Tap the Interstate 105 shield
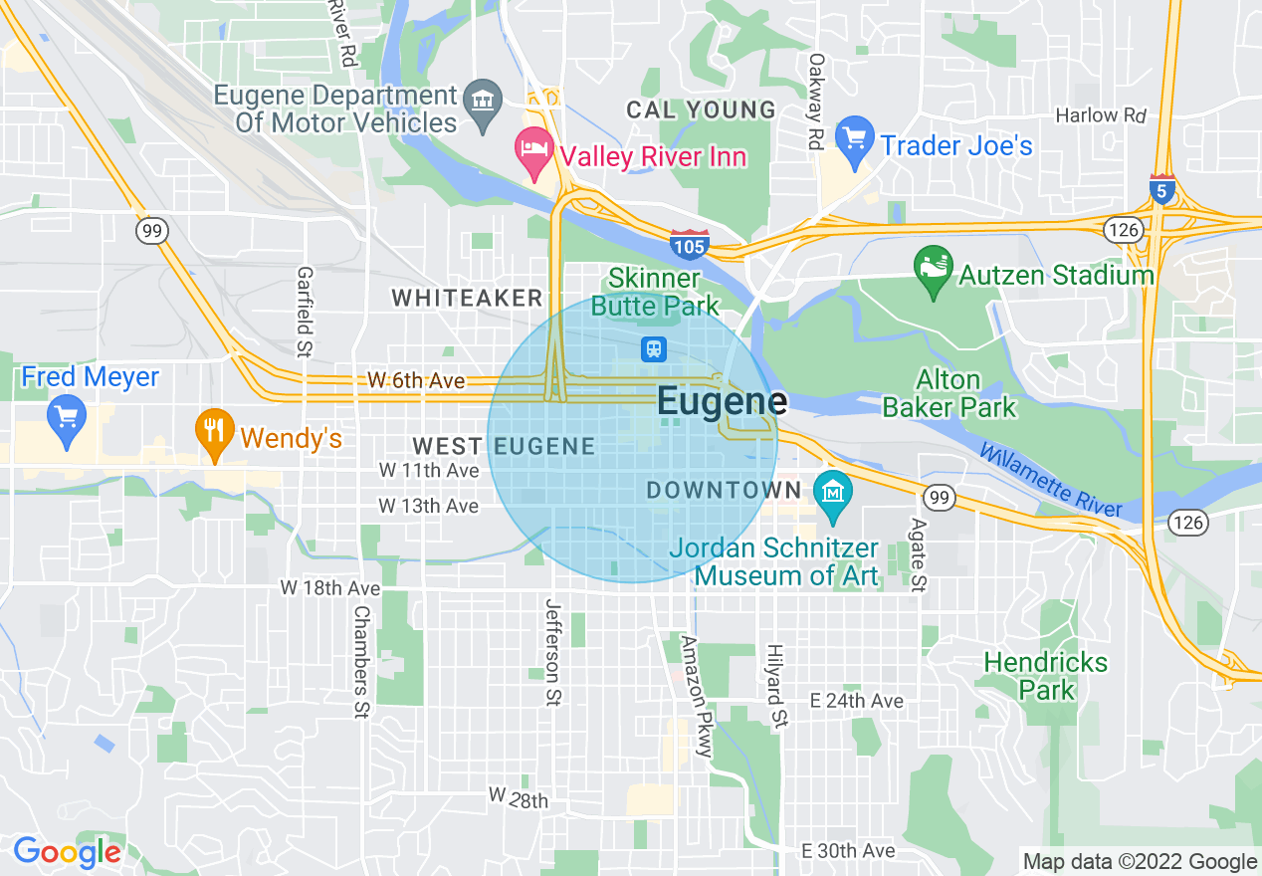[689, 243]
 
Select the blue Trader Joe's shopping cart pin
[854, 142]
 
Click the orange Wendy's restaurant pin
[213, 435]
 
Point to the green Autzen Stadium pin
[933, 273]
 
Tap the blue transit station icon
[654, 348]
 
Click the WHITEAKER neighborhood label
[467, 298]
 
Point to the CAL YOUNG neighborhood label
[701, 109]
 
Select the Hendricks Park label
[1045, 676]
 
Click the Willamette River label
[1051, 480]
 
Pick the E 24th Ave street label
[856, 701]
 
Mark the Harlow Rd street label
[1101, 115]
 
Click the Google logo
[67, 852]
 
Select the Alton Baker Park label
[949, 393]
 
